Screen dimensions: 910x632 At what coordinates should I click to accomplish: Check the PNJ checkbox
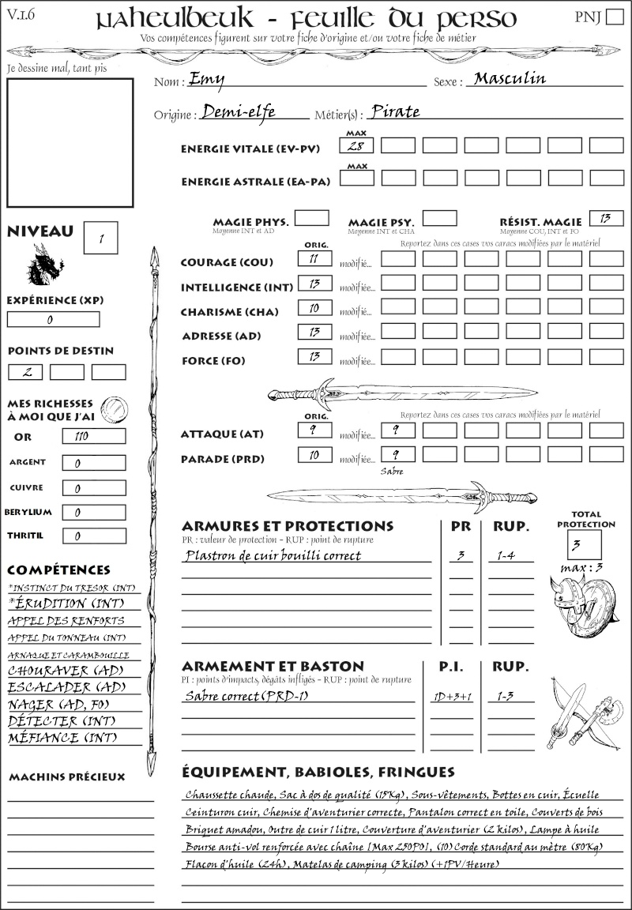613,17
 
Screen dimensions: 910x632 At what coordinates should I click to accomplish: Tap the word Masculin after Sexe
510,78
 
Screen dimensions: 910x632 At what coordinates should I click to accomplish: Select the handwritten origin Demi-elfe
239,112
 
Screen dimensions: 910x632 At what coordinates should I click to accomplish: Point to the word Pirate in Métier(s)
395,112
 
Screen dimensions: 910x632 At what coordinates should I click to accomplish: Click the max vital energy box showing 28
358,146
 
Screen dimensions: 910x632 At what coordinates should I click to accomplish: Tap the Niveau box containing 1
102,237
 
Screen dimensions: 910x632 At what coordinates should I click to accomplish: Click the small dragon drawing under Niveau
44,265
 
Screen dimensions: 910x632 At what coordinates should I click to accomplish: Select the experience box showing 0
53,320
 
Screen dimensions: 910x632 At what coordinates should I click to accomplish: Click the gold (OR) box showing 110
93,436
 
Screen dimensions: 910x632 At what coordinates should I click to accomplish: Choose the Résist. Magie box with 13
606,218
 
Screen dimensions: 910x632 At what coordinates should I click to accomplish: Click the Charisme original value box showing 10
314,309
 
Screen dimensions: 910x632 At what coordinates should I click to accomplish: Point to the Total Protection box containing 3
584,544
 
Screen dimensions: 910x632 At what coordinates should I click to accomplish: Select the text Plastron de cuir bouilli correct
273,555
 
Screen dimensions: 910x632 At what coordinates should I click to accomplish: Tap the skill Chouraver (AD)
60,671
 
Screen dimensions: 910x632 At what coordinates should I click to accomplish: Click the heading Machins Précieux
66,777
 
